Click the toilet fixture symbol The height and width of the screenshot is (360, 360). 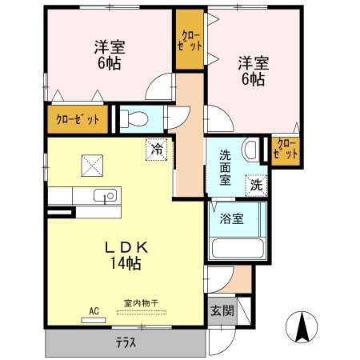134,118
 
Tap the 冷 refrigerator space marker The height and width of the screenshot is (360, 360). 157,150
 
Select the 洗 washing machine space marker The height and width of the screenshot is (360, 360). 256,186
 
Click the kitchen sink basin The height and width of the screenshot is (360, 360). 105,195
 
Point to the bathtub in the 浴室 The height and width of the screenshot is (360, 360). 238,249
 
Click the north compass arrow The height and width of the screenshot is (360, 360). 302,326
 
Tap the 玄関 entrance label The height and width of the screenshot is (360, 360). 222,310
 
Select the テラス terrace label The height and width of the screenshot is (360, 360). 126,342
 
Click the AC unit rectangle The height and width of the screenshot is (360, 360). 94,320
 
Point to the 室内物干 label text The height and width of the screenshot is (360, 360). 141,303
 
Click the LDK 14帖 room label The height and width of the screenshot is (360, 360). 126,255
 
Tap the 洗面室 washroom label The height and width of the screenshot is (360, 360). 225,168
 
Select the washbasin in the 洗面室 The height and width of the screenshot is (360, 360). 250,150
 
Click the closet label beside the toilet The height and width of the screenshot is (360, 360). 78,120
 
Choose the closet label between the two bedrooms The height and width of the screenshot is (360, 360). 190,41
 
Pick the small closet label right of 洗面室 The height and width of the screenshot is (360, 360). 286,150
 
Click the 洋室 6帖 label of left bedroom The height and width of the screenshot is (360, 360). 110,55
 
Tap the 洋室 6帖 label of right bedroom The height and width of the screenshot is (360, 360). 254,71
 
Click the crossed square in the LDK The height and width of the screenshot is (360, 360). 92,166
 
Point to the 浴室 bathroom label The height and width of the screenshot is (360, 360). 232,218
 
